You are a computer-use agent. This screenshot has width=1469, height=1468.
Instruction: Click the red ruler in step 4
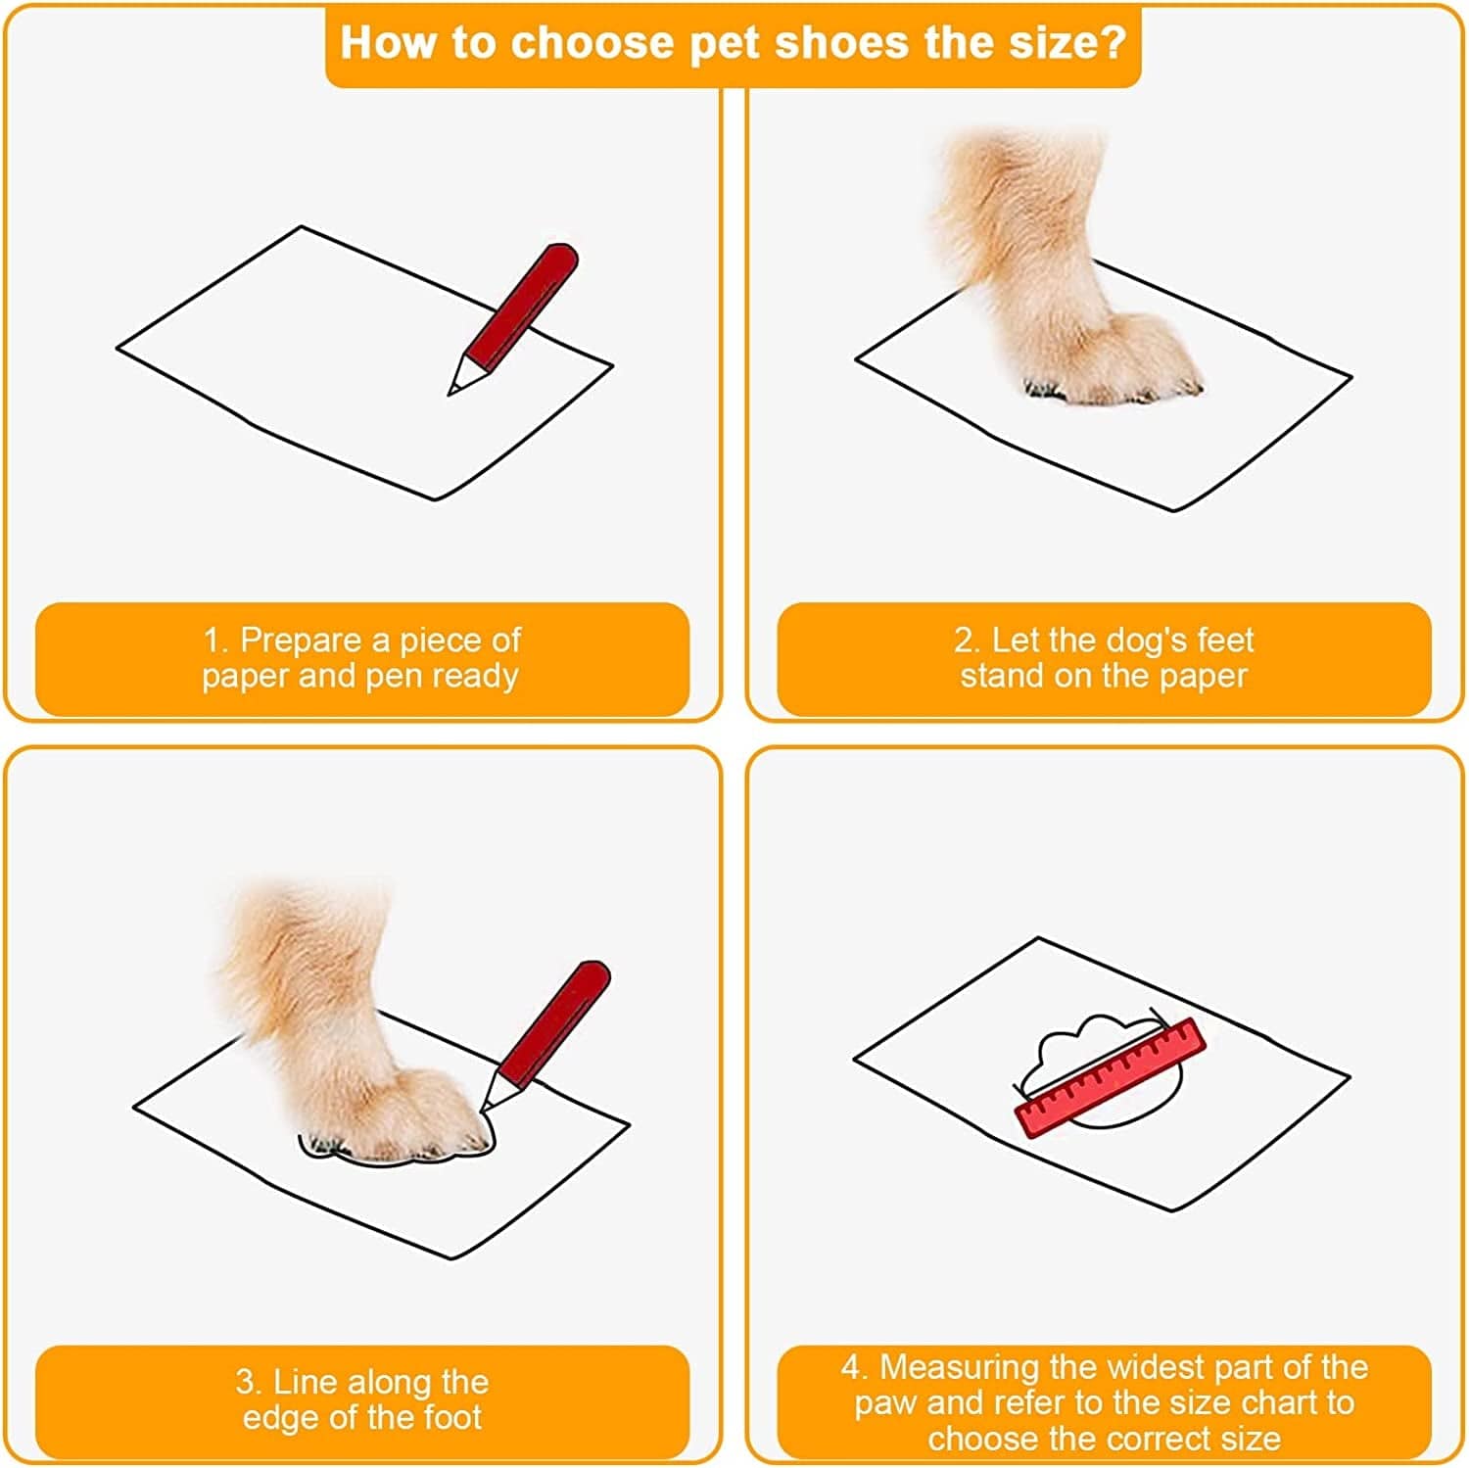[1110, 1077]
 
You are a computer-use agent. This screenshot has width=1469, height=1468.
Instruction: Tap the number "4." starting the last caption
[854, 1367]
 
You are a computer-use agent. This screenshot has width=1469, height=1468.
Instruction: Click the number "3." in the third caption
[250, 1383]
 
